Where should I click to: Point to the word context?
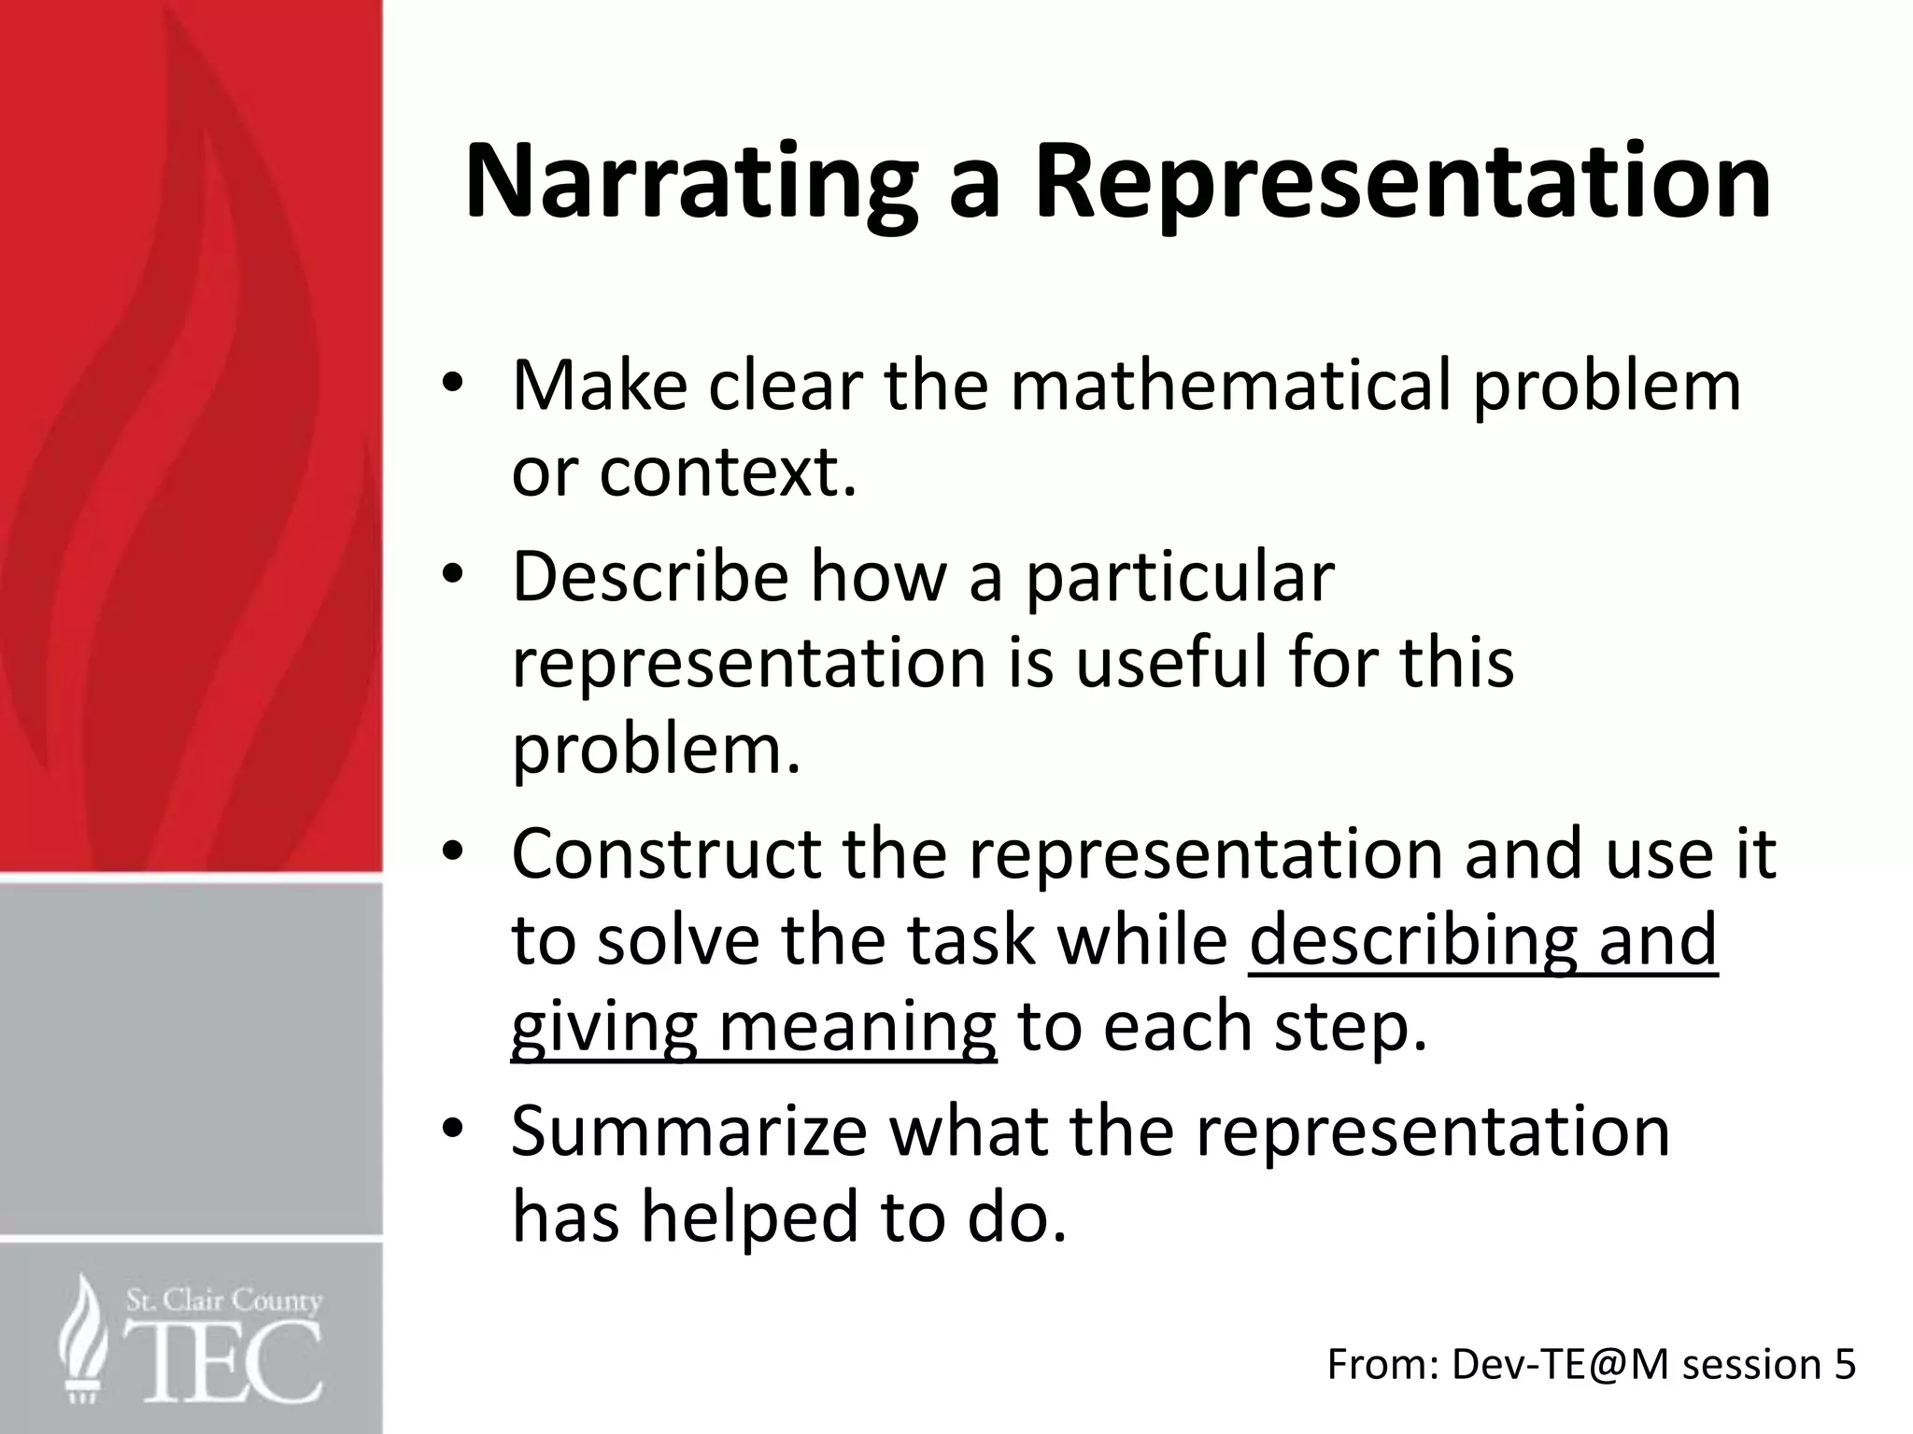[x=727, y=473]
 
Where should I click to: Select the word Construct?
[x=666, y=854]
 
